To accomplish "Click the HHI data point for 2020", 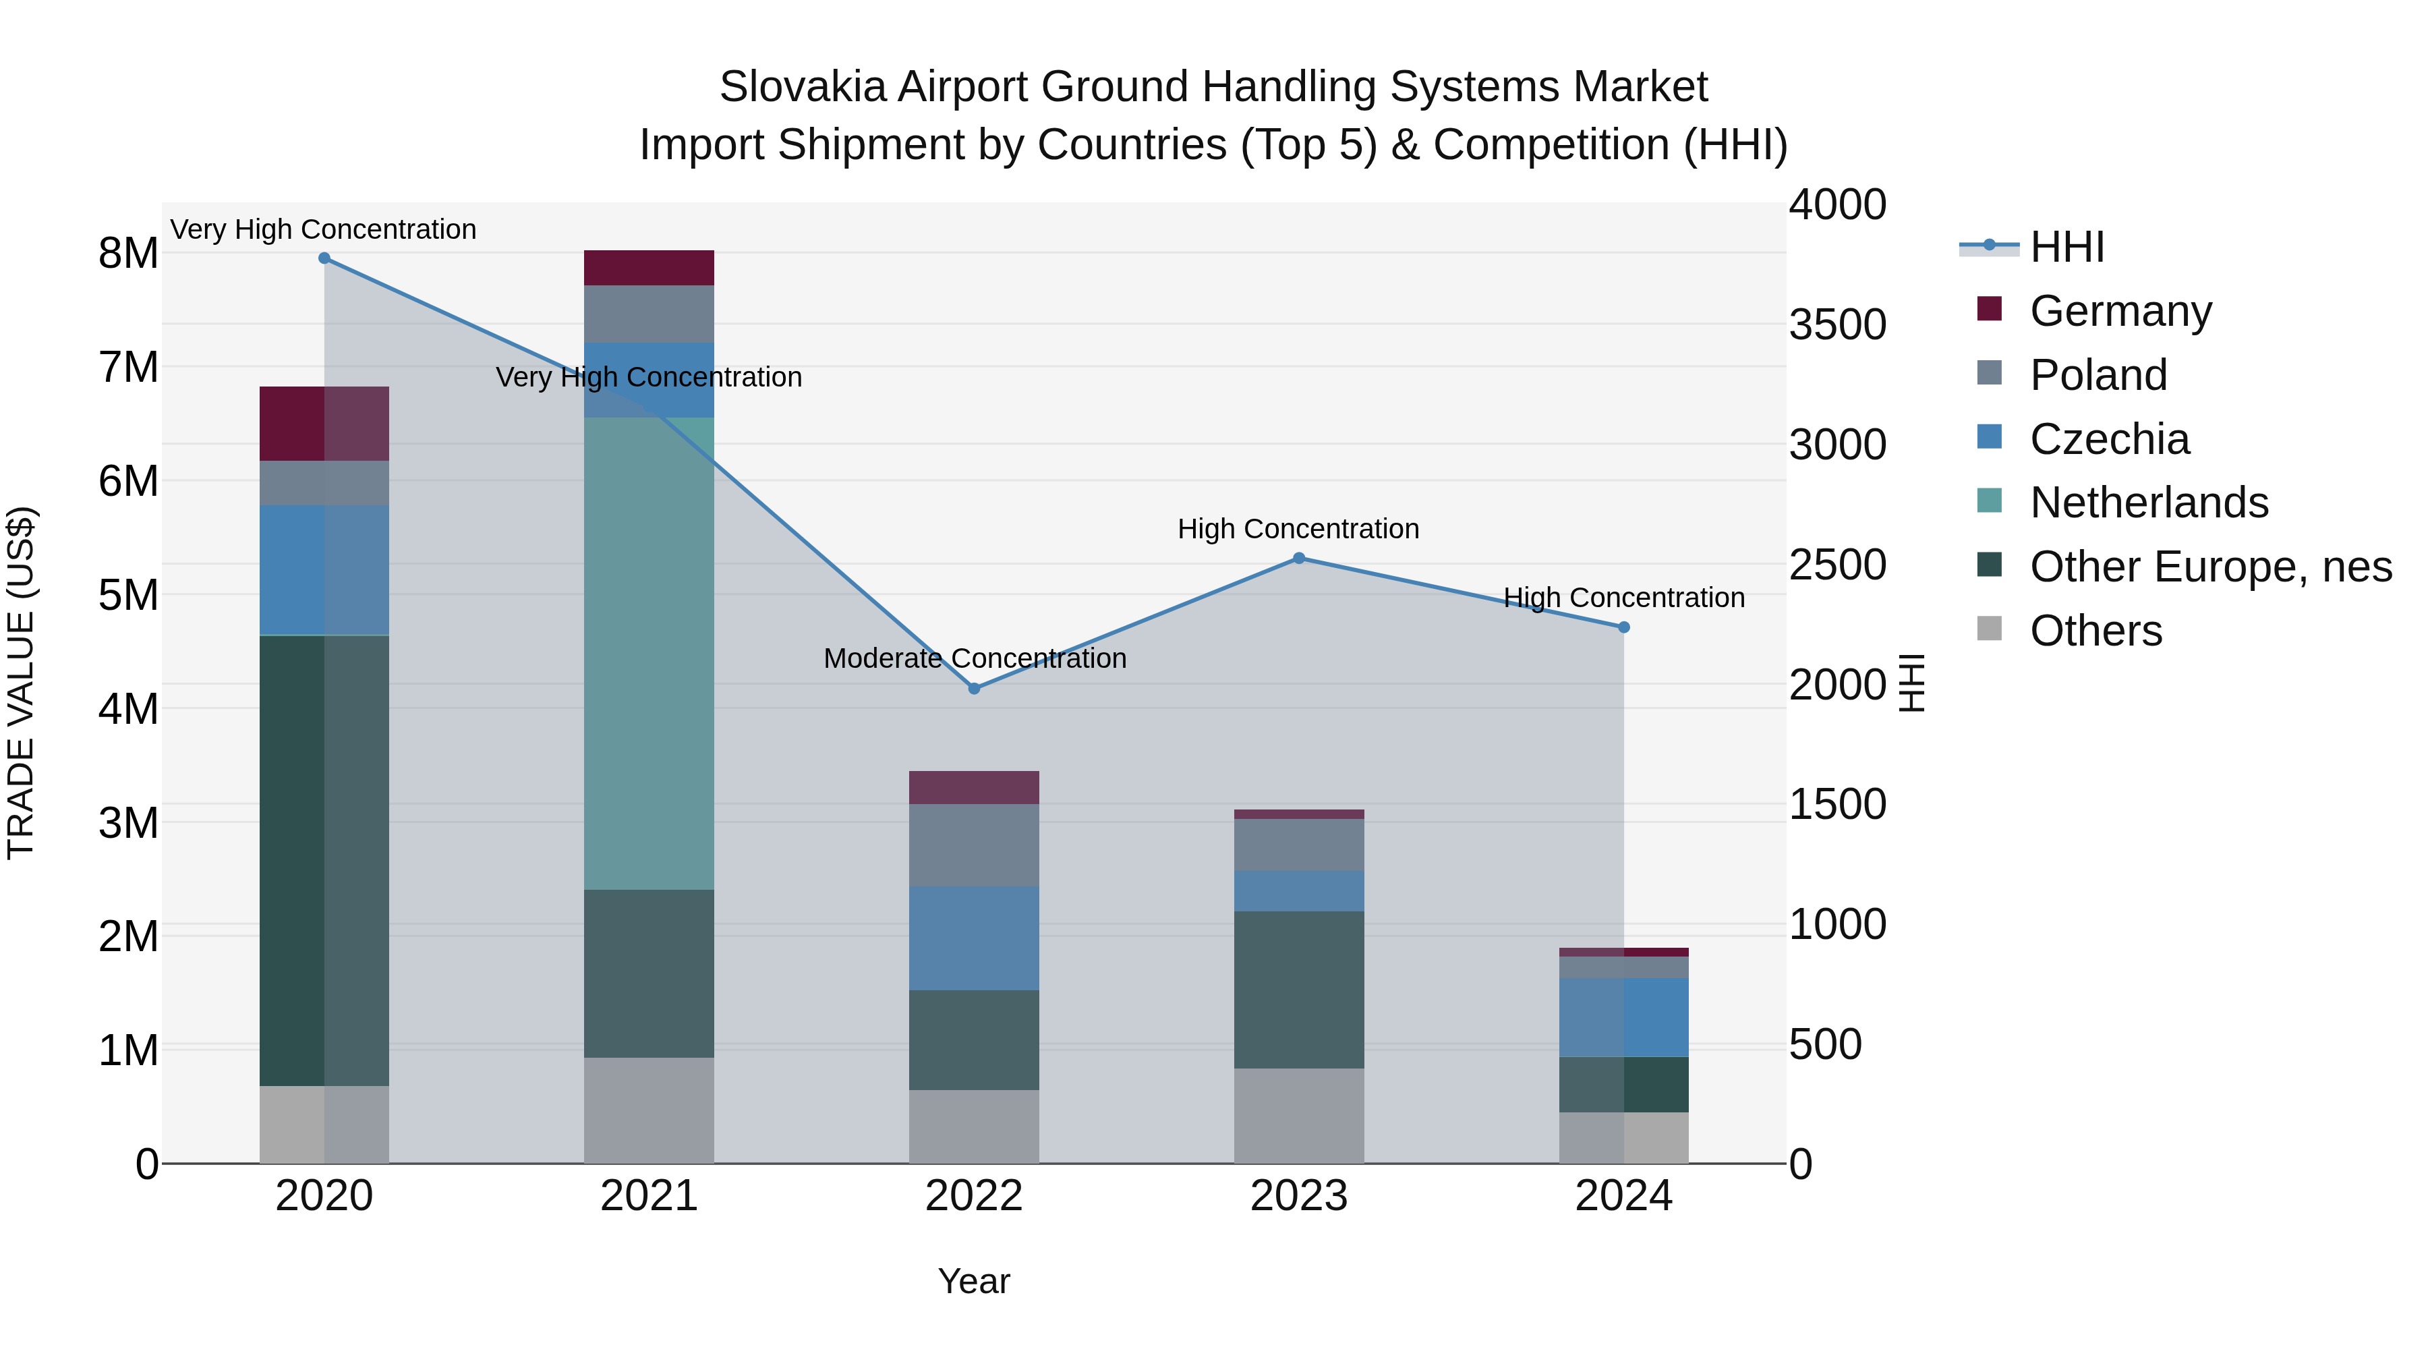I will coord(324,258).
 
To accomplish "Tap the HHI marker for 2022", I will coord(975,688).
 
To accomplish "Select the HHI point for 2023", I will coord(1299,558).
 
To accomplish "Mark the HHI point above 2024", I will coord(1624,627).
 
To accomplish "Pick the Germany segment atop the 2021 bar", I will coord(648,268).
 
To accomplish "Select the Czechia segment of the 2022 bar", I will coord(974,938).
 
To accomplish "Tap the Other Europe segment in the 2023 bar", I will coord(1299,989).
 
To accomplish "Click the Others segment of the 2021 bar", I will coord(648,1110).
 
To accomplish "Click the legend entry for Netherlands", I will coord(2148,503).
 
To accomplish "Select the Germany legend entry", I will coord(2120,311).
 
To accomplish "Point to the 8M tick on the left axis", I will coord(128,254).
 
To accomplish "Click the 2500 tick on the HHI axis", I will coord(1838,565).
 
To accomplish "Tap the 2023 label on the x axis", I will coord(1299,1196).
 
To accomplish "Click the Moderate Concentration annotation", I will coord(975,658).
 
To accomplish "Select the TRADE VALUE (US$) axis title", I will coord(21,683).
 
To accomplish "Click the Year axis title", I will coord(974,1281).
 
